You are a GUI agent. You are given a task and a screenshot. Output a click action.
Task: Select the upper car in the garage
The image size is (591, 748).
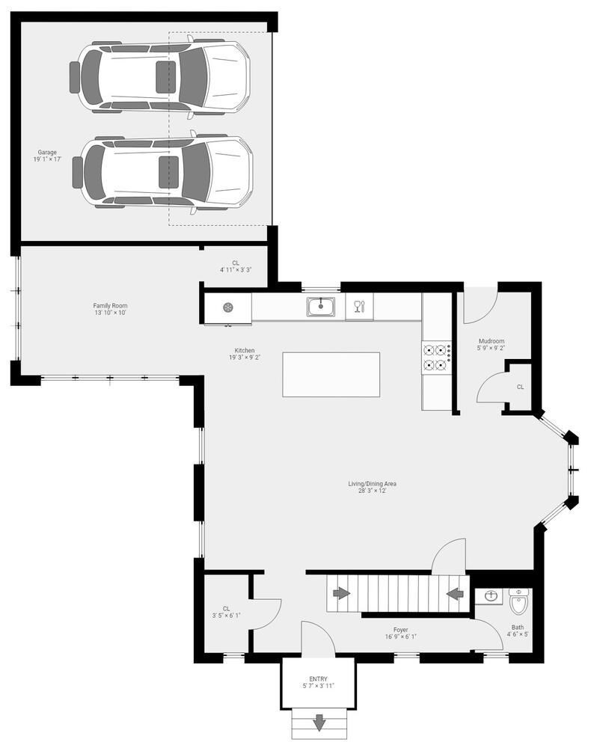(161, 77)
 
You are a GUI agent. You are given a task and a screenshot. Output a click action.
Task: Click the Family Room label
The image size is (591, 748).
(110, 305)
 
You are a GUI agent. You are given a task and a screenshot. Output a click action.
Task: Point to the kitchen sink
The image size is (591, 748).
(321, 307)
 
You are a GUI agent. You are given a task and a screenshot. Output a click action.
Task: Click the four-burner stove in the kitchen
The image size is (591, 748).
(435, 358)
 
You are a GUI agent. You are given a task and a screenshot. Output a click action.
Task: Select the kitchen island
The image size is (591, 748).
(331, 374)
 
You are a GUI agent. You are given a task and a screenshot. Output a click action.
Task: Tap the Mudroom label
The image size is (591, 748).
(492, 341)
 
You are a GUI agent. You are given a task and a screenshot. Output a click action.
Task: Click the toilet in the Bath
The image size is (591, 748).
(518, 600)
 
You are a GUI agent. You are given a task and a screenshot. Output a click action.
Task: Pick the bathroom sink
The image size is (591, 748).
(491, 596)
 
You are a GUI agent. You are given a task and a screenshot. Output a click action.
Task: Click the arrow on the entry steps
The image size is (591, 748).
(319, 723)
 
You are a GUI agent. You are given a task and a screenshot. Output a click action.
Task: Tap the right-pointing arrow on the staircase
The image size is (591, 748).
(341, 593)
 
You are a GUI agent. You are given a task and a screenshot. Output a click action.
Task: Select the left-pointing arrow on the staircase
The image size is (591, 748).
(454, 594)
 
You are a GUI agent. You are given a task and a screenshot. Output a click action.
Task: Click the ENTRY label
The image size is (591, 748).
(318, 679)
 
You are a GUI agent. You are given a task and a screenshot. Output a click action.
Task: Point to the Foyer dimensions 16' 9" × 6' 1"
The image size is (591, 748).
(401, 637)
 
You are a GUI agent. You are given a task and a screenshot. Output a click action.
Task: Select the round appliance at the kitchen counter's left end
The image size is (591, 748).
(228, 307)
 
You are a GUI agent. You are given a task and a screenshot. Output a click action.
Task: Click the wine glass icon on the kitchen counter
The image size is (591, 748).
(358, 306)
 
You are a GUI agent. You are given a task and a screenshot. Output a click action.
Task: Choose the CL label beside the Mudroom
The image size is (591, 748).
(520, 387)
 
